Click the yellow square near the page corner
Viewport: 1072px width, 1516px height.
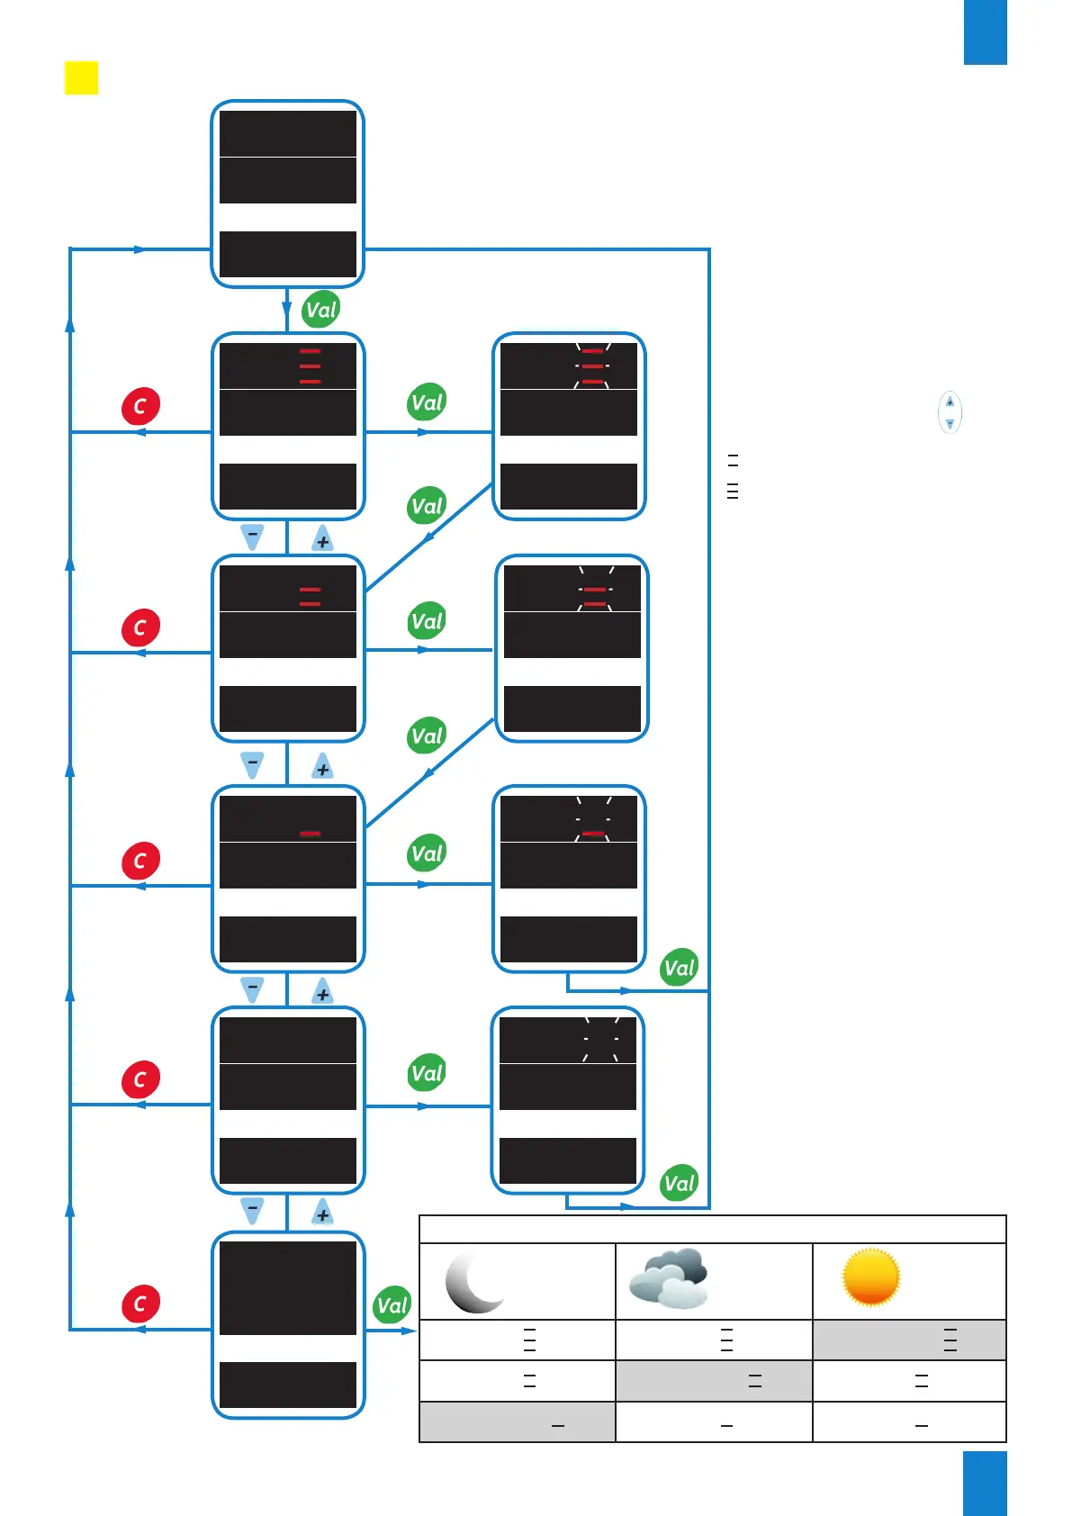(81, 77)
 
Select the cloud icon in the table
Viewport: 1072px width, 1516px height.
(669, 1278)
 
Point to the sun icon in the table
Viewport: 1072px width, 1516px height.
(870, 1277)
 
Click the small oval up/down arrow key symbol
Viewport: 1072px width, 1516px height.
(950, 412)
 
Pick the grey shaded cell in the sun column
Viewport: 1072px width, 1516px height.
(909, 1340)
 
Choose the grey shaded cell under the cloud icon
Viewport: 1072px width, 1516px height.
(714, 1381)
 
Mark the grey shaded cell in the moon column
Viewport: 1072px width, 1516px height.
(518, 1422)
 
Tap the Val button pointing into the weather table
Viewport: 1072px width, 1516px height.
(392, 1305)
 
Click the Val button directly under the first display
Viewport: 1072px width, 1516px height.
(320, 310)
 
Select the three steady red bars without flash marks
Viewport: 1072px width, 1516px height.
(310, 366)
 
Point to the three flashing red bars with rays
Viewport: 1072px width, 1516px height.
(592, 366)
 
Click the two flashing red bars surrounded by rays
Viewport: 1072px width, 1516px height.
(595, 596)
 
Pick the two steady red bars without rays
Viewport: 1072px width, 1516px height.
(310, 596)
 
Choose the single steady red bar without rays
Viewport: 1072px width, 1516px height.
(310, 834)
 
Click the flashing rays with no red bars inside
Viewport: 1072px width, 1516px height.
(600, 1039)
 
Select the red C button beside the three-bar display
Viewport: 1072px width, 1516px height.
(140, 406)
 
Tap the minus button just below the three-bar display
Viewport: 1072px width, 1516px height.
(253, 537)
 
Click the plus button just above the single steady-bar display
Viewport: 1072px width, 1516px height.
(322, 768)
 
